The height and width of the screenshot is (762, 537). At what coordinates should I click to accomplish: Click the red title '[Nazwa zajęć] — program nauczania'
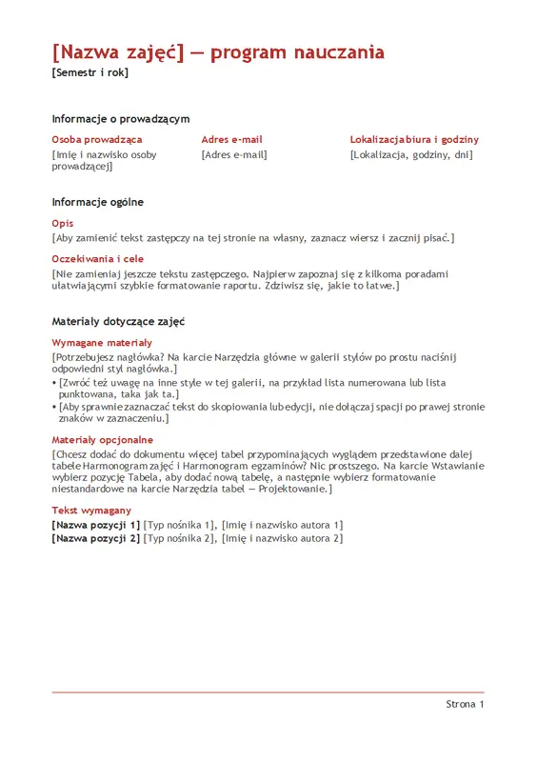pyautogui.click(x=218, y=51)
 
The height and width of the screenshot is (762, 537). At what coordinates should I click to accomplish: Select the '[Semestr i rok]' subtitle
pyautogui.click(x=89, y=73)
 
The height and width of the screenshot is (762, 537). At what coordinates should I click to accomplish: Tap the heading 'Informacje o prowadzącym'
pyautogui.click(x=121, y=119)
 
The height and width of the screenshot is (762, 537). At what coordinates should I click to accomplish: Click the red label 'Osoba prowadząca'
pyautogui.click(x=97, y=139)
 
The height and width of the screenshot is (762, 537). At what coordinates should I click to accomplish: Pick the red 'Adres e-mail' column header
pyautogui.click(x=231, y=139)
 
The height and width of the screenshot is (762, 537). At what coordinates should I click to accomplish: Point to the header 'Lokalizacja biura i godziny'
pyautogui.click(x=414, y=139)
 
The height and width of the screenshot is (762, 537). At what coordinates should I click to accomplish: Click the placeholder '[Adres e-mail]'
pyautogui.click(x=234, y=154)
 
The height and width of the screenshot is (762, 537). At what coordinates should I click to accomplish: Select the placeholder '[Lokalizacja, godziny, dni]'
pyautogui.click(x=411, y=154)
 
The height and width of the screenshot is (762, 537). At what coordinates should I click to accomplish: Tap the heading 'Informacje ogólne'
pyautogui.click(x=98, y=202)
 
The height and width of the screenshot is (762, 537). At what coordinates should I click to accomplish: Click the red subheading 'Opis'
pyautogui.click(x=63, y=223)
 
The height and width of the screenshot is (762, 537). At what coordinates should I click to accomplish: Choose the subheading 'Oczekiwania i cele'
pyautogui.click(x=98, y=258)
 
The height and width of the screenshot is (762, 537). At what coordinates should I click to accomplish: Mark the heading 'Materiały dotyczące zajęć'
pyautogui.click(x=118, y=322)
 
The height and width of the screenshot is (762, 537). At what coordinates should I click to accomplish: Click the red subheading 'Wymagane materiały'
pyautogui.click(x=102, y=342)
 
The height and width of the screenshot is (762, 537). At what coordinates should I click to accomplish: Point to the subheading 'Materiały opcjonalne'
pyautogui.click(x=103, y=440)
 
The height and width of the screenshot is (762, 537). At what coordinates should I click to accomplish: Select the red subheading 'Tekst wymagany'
pyautogui.click(x=91, y=511)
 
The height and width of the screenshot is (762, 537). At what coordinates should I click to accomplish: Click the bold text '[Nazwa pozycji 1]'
pyautogui.click(x=96, y=525)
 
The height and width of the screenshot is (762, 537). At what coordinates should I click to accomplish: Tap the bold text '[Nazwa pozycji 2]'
pyautogui.click(x=96, y=538)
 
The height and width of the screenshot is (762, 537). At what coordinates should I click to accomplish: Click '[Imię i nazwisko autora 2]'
pyautogui.click(x=282, y=538)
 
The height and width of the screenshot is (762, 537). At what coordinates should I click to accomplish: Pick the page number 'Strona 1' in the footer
pyautogui.click(x=465, y=705)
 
